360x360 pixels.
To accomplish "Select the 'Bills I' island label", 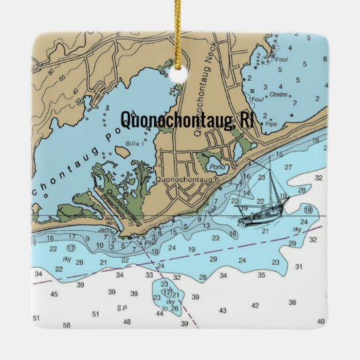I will coord(133,145).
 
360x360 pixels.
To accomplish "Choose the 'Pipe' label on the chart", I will coord(274,125).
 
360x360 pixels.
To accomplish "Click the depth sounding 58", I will coord(67,325).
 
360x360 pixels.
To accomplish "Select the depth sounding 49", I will coord(321,320).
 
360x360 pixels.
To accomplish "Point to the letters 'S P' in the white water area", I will coord(122,308).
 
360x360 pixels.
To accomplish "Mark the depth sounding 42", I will coord(255,306).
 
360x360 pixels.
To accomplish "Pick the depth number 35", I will coord(261,274).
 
